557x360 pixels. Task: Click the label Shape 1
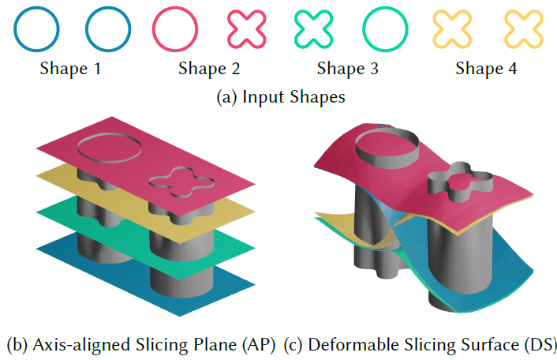pos(70,69)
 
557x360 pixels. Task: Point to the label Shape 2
pos(208,69)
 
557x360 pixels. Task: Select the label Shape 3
pos(347,69)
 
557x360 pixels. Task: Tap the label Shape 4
pos(486,69)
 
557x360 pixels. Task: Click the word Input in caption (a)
pos(261,97)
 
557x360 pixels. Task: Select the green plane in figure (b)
pos(63,218)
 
